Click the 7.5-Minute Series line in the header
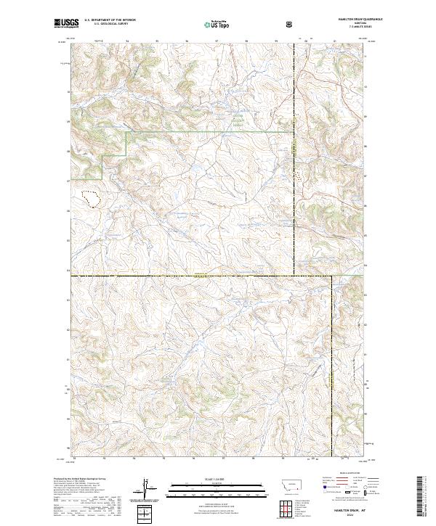click(x=347, y=28)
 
